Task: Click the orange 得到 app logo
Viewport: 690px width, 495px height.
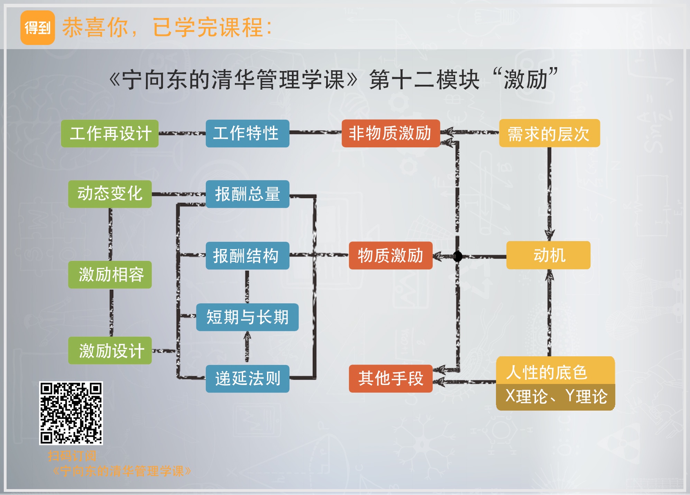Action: click(x=38, y=28)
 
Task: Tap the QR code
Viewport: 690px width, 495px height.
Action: click(x=71, y=413)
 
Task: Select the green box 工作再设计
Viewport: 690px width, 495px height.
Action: click(x=110, y=134)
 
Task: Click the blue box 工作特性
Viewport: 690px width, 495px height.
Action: click(x=247, y=134)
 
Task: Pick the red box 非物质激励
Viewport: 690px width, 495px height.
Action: click(x=390, y=134)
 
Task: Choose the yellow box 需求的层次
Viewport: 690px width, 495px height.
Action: click(x=549, y=134)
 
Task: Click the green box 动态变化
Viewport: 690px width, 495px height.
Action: click(x=110, y=194)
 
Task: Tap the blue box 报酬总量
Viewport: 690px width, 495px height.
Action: click(x=247, y=194)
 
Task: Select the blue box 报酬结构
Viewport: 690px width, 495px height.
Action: click(x=247, y=256)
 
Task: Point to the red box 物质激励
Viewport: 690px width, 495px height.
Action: click(x=390, y=256)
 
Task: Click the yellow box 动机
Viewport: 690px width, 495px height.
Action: click(x=548, y=255)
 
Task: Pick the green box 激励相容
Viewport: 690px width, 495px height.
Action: click(x=110, y=275)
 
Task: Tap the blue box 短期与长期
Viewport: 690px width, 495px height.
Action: click(x=247, y=317)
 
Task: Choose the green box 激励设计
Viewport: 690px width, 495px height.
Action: click(x=110, y=350)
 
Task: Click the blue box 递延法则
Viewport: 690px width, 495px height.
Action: click(x=247, y=378)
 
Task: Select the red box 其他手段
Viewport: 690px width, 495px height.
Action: click(x=390, y=378)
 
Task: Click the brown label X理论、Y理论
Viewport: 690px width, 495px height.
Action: click(x=555, y=396)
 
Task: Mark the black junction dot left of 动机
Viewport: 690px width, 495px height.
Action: click(x=458, y=256)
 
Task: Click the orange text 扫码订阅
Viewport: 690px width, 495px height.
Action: click(x=72, y=456)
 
